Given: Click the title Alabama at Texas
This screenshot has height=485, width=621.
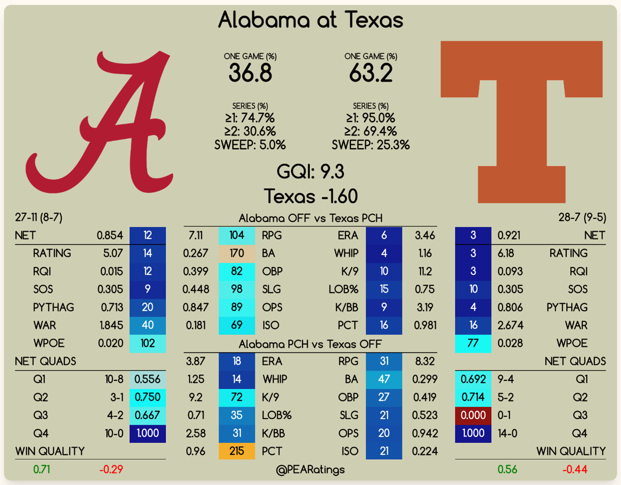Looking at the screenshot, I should click(x=310, y=20).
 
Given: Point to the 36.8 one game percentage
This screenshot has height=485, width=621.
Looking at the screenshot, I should click(x=250, y=73).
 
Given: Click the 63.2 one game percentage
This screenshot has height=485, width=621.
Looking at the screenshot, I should click(x=371, y=73).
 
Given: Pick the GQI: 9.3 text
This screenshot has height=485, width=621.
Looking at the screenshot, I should click(x=310, y=172).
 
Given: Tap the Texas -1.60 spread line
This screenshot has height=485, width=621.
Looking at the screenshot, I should click(x=310, y=196).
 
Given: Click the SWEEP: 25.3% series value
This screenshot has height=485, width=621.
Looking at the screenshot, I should click(x=371, y=145).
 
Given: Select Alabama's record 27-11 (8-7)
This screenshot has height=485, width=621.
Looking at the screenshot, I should click(x=39, y=217).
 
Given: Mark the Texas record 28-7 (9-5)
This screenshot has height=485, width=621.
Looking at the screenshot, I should click(x=582, y=217).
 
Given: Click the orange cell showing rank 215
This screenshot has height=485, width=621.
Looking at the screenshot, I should click(x=236, y=451).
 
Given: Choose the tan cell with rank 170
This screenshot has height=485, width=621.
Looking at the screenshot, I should click(x=236, y=253).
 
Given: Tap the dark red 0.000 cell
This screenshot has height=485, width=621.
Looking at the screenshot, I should click(x=473, y=415).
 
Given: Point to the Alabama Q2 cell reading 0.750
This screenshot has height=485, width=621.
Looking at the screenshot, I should click(x=147, y=397).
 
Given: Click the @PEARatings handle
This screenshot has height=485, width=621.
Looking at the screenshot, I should click(x=310, y=470).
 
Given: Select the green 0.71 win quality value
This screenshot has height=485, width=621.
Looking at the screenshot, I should click(x=42, y=470).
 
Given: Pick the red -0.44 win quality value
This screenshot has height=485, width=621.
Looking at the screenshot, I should click(x=575, y=470).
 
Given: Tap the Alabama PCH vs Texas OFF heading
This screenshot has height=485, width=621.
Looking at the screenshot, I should click(x=310, y=344).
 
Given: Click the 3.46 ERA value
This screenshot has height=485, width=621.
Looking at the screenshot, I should click(x=425, y=235).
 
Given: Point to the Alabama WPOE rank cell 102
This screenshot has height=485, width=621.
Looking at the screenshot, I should click(x=147, y=343).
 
